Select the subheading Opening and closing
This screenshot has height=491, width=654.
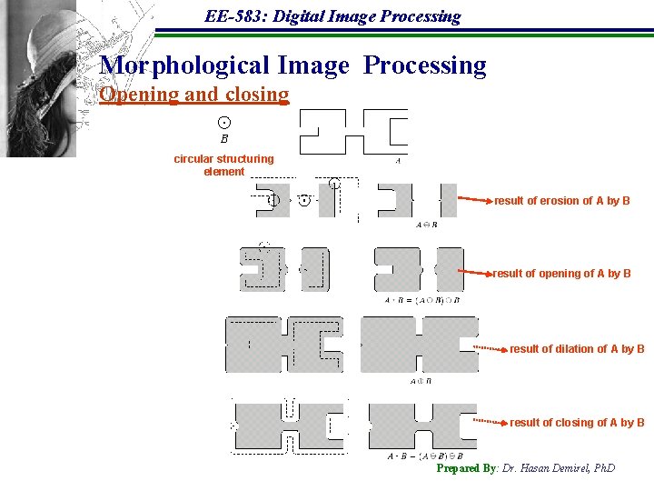(x=194, y=95)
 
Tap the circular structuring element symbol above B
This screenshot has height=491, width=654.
(x=224, y=123)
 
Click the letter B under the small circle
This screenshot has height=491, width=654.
(x=224, y=140)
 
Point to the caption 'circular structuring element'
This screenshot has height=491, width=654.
(x=223, y=165)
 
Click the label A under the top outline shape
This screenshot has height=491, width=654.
(x=398, y=161)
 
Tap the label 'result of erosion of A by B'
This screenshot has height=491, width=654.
(x=561, y=201)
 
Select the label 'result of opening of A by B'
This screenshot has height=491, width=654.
(x=561, y=274)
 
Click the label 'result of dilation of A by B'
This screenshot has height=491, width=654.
(x=577, y=349)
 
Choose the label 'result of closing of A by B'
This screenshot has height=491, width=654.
(x=577, y=423)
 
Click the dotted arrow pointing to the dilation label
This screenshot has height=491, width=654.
(x=490, y=348)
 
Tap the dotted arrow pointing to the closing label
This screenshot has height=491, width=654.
(x=490, y=422)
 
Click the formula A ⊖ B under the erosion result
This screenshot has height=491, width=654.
(x=426, y=225)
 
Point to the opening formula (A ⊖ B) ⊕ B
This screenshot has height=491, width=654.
(x=421, y=300)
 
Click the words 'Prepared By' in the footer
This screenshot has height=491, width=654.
(x=466, y=468)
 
